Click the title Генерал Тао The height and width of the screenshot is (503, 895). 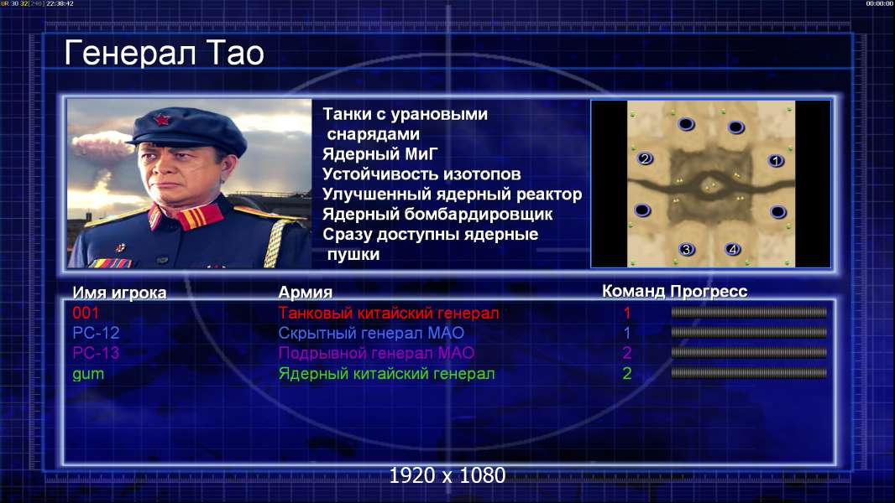coord(164,53)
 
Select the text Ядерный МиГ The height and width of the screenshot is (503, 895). coord(380,154)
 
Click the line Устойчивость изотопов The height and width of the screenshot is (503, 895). coord(421,174)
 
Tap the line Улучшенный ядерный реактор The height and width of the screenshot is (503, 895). coord(452,194)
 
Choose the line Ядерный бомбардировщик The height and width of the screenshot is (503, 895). coord(437,214)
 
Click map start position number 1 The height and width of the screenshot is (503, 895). coord(775,161)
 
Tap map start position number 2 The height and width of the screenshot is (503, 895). coord(645,158)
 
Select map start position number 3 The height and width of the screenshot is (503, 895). coord(687,249)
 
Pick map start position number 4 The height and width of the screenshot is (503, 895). coord(733,249)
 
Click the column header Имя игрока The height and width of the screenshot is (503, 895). coord(119,293)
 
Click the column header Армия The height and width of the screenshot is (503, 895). coord(306,293)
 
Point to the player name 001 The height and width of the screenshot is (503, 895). coord(86,313)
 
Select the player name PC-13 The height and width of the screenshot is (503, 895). coord(96,353)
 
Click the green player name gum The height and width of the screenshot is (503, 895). coord(88,374)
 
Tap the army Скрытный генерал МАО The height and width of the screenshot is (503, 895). coord(371,333)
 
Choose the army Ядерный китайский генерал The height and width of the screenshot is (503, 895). coord(386,374)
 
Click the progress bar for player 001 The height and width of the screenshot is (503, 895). coord(749,312)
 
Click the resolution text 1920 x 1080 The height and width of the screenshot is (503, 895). coord(447,475)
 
